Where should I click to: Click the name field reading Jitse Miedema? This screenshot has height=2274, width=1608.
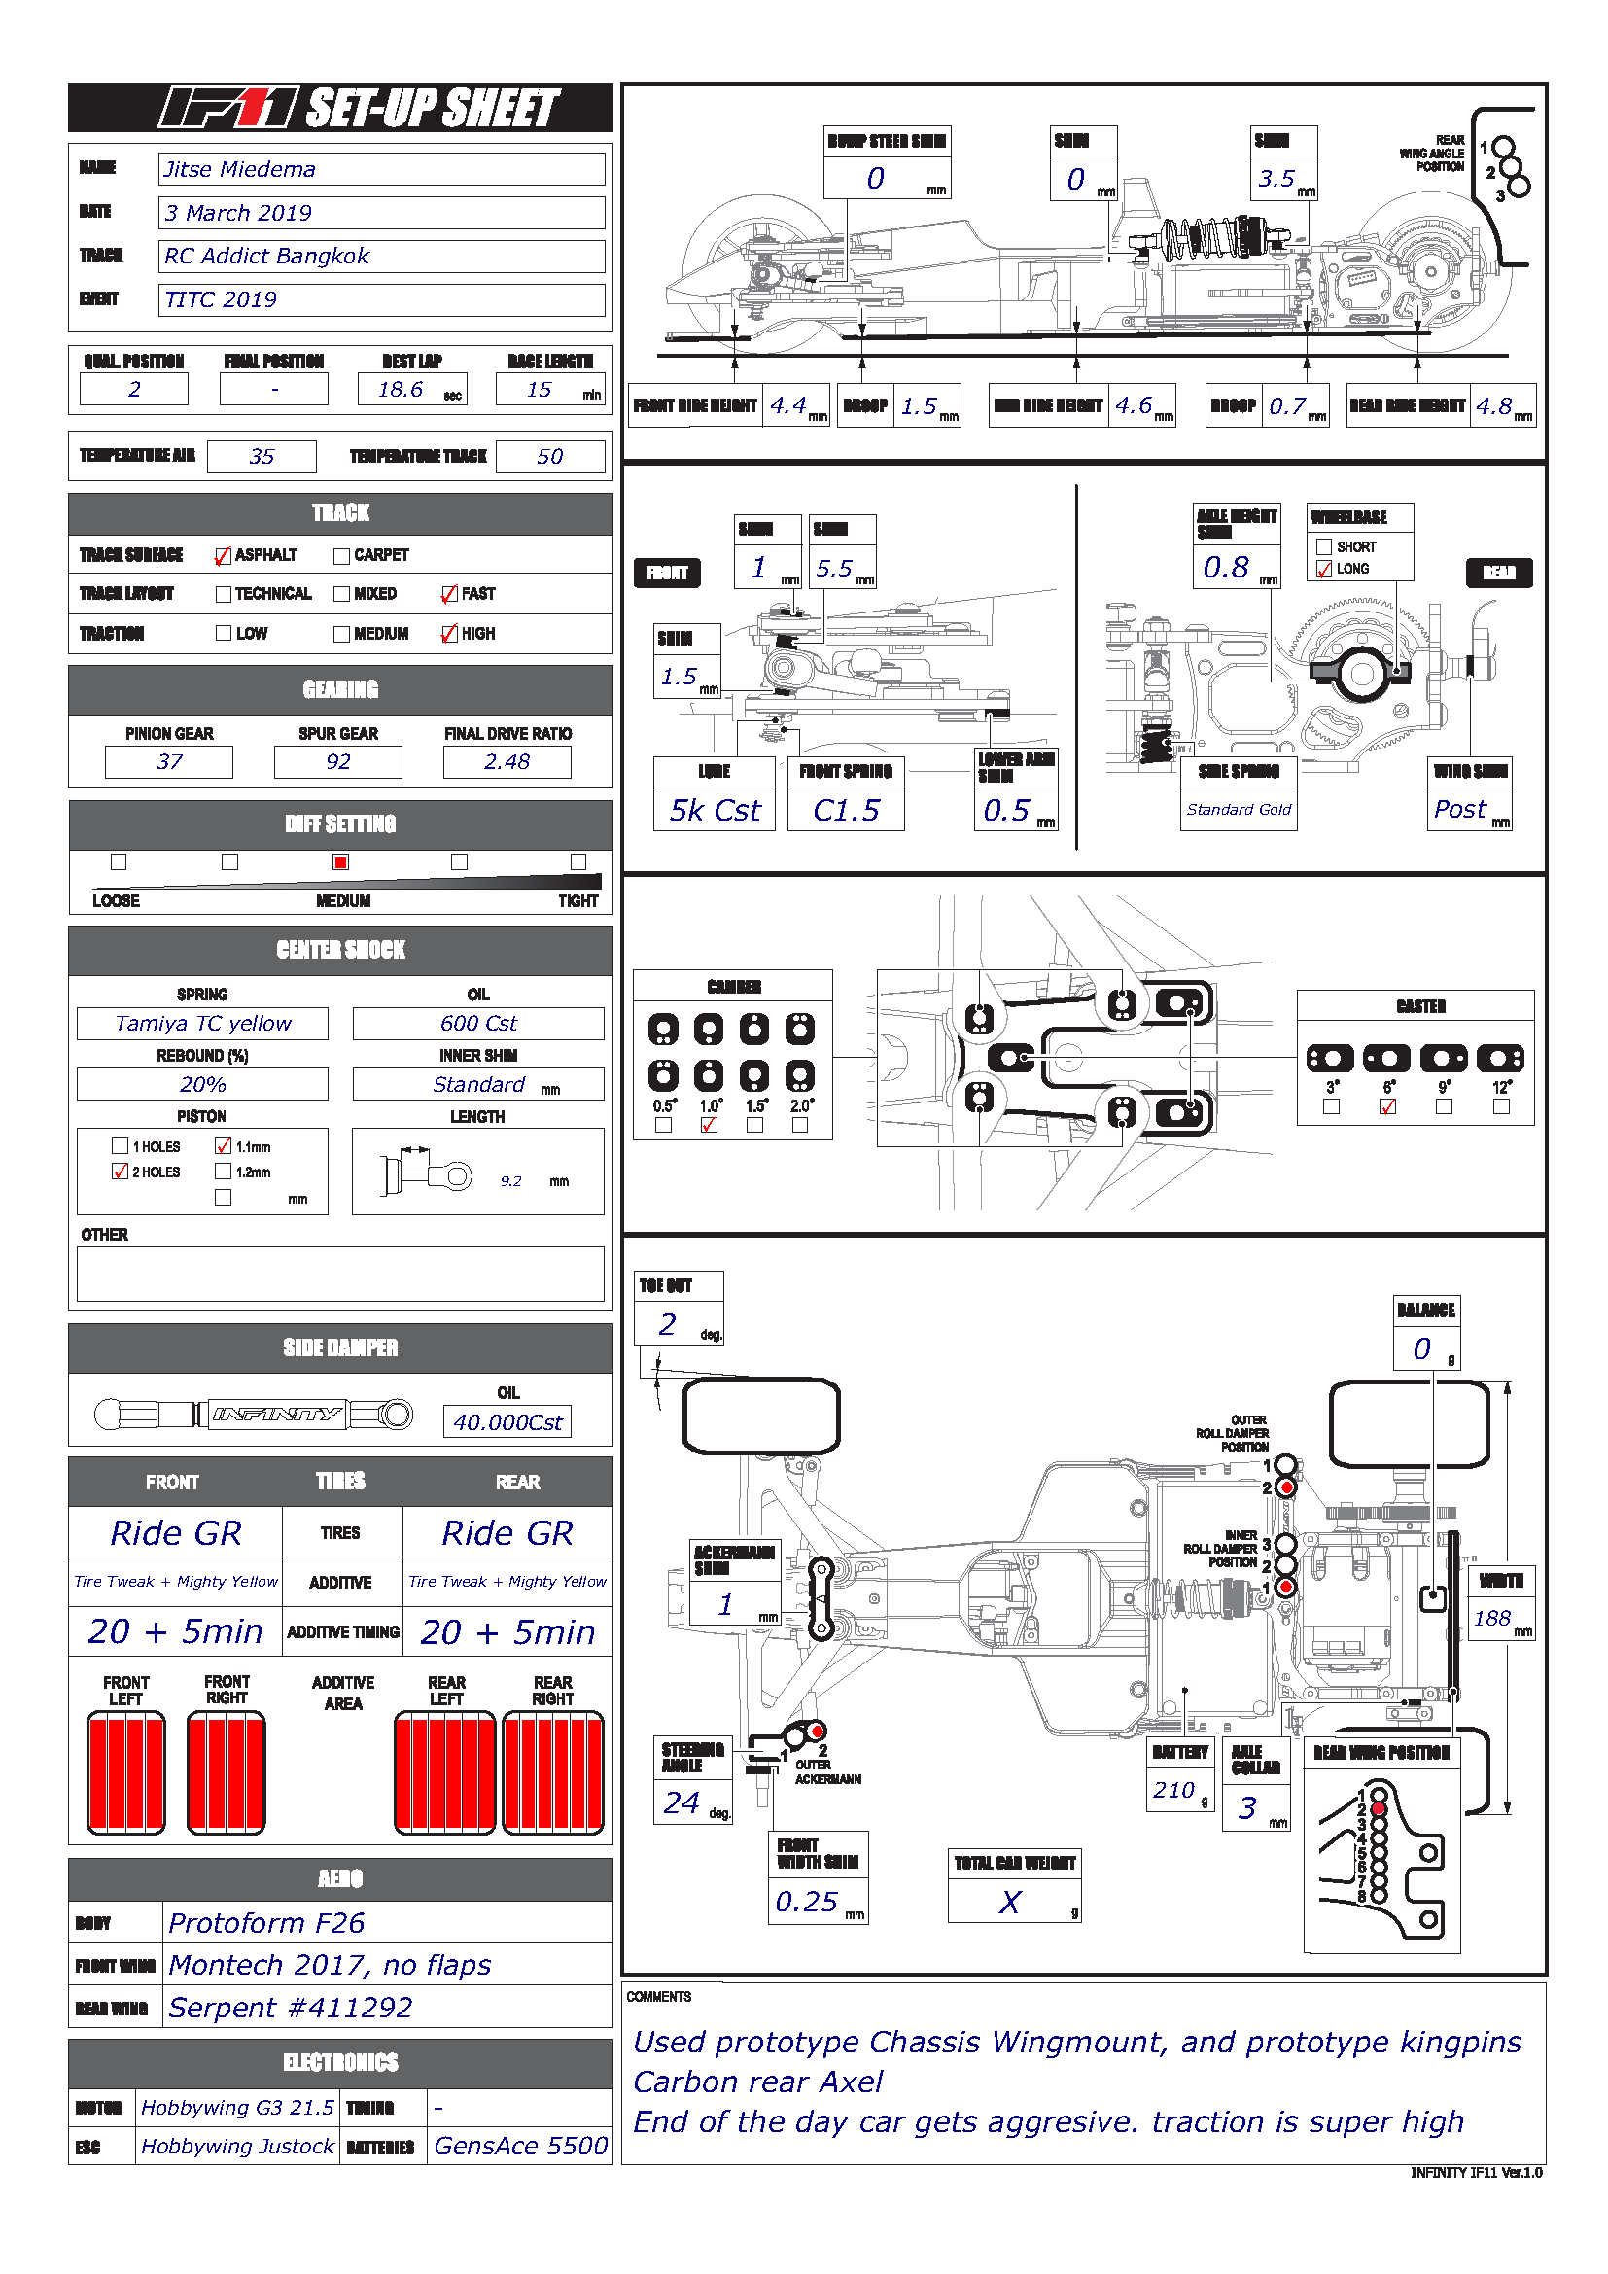[x=381, y=169]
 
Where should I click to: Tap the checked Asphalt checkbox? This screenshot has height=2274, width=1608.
[x=223, y=556]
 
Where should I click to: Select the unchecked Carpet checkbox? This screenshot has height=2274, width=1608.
[x=341, y=556]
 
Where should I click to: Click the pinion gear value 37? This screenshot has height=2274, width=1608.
[x=169, y=761]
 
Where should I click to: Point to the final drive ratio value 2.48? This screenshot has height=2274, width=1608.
[x=507, y=761]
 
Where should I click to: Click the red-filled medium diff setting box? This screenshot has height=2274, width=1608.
[x=340, y=861]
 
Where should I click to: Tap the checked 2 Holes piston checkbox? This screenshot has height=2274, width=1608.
[x=121, y=1172]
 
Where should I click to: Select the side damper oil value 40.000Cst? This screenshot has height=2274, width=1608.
[x=507, y=1422]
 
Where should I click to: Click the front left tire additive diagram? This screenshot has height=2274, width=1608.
[x=126, y=1773]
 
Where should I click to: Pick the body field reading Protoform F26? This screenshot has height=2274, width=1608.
[x=386, y=1922]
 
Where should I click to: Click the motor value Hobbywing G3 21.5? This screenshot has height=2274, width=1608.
[x=237, y=2107]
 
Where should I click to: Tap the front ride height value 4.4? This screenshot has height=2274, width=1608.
[x=789, y=405]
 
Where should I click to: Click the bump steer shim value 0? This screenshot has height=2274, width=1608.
[x=876, y=178]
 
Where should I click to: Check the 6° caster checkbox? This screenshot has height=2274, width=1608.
[x=1388, y=1106]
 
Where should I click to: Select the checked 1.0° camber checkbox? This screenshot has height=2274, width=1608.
[x=709, y=1125]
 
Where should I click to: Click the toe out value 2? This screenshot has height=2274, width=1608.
[x=668, y=1324]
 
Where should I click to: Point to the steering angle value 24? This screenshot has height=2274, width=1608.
[x=682, y=1802]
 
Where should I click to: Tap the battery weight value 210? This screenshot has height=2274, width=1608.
[x=1174, y=1790]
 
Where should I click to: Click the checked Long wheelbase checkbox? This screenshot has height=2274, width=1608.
[x=1324, y=569]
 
